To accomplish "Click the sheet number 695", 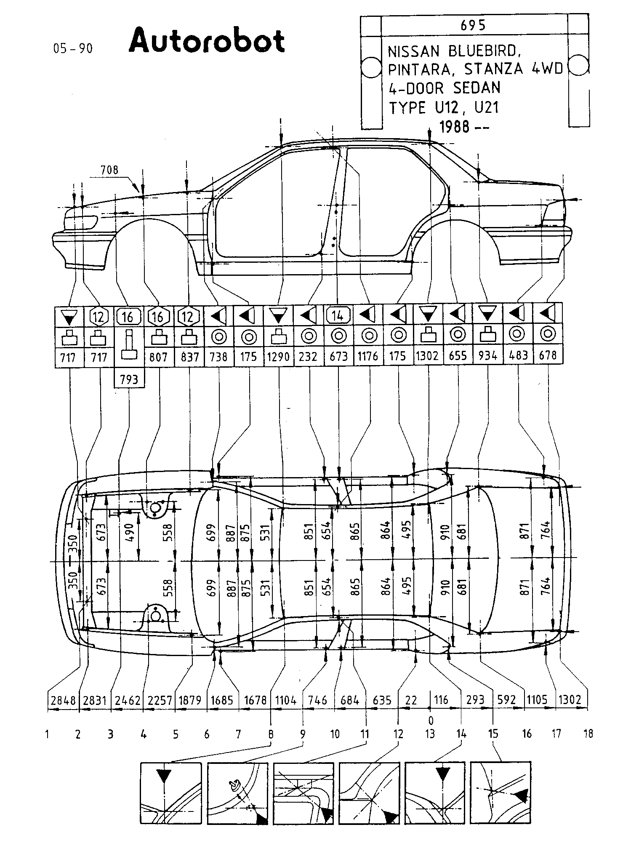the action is (473, 25).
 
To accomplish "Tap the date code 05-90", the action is (73, 48).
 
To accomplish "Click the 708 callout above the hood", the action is (109, 170).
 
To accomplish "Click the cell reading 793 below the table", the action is (129, 379).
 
